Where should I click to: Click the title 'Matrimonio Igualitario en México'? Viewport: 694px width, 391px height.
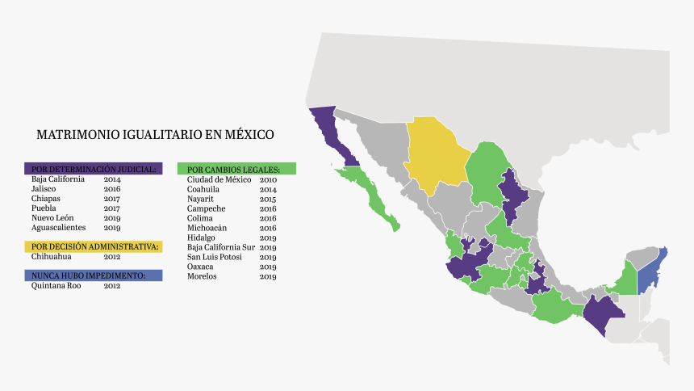(x=155, y=134)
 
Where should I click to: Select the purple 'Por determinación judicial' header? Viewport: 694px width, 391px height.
(x=94, y=169)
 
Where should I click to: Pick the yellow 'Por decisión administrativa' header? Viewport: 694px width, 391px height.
(x=94, y=246)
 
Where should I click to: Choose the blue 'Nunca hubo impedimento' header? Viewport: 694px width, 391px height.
(x=94, y=275)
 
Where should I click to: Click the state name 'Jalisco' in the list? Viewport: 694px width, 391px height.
(x=45, y=188)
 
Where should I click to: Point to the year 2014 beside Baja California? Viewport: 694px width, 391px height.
(x=111, y=179)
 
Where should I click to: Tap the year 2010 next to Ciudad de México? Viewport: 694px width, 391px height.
(x=268, y=179)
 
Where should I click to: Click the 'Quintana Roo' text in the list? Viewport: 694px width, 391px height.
(x=56, y=285)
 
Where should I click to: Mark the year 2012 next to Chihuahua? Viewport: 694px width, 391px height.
(x=111, y=256)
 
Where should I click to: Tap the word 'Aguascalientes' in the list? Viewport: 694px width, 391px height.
(x=59, y=227)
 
